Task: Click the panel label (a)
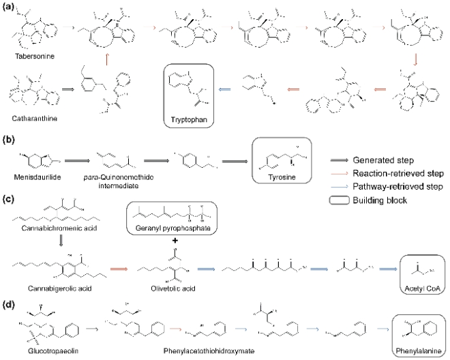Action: (7, 5)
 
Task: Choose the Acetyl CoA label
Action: (421, 289)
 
